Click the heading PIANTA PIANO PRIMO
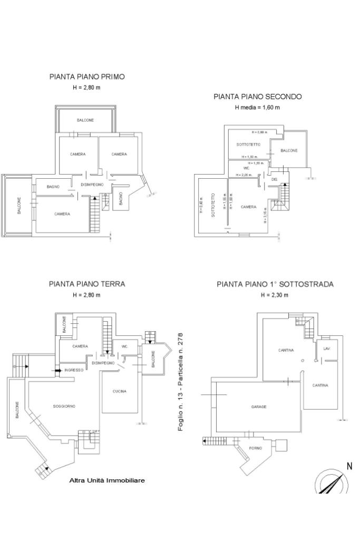coord(87,76)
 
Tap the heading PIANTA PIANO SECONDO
coord(257,97)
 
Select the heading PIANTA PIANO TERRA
coord(87,284)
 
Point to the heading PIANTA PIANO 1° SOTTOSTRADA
coord(275,284)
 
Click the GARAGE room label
coord(258,407)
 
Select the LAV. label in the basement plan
coord(327,349)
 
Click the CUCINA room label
coord(120,391)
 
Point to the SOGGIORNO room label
coord(64,406)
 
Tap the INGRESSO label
coord(74,370)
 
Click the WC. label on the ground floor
coord(125,346)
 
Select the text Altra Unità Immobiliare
coord(107,480)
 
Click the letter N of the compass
coord(349,466)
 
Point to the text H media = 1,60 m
coord(257,107)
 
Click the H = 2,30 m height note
coord(275,294)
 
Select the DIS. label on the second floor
coord(274,179)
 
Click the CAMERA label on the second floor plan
coord(248,207)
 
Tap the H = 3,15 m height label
coord(264,216)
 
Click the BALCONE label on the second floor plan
coord(289,151)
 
